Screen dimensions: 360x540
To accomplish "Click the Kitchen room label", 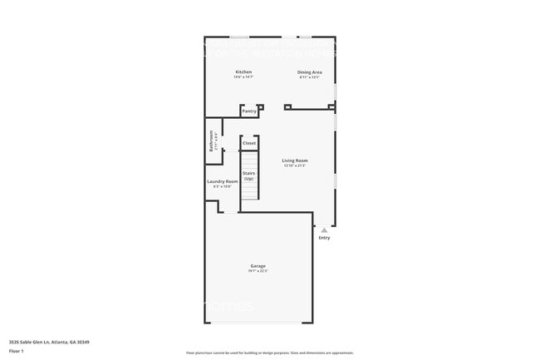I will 243,72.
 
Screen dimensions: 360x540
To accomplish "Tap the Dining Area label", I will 310,72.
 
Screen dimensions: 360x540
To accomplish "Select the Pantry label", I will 249,111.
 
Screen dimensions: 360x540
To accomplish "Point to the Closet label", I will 249,144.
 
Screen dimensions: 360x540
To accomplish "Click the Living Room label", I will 295,160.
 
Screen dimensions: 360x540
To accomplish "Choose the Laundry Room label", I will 222,181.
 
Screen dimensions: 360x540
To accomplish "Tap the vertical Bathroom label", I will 211,140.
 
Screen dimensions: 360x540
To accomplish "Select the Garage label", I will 258,266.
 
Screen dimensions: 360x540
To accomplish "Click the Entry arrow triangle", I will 324,229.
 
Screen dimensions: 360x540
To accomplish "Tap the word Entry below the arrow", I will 324,239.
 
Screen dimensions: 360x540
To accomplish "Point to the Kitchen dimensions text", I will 243,77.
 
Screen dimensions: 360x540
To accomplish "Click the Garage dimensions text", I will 258,271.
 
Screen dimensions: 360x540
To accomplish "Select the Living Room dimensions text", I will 295,165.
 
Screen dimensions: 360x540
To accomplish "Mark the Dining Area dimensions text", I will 310,77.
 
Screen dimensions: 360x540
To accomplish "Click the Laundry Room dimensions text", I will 222,186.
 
